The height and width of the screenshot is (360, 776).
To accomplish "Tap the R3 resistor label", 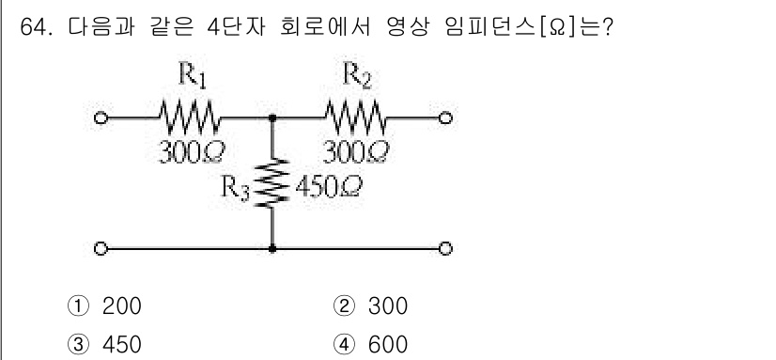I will (x=235, y=185).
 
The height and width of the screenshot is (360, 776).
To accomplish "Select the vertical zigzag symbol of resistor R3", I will (x=272, y=183).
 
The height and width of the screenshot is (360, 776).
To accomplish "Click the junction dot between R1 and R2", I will (x=272, y=119).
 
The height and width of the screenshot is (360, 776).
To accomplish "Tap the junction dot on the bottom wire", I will (x=272, y=248).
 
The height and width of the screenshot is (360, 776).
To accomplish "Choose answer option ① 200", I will (x=108, y=307).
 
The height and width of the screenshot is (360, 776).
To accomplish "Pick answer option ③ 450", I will (x=108, y=344).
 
